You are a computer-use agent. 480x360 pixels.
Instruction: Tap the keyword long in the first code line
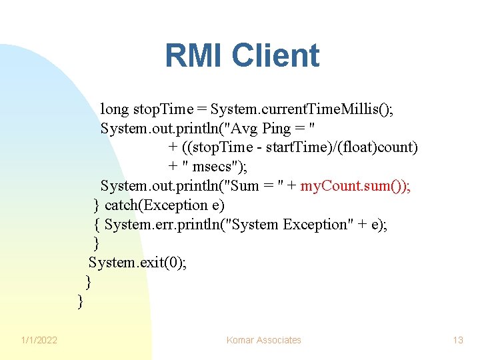(115, 108)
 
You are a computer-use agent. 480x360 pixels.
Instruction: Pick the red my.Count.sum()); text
(355, 185)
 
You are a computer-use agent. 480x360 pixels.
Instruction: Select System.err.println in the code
(165, 224)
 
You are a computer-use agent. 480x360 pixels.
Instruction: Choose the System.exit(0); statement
(137, 263)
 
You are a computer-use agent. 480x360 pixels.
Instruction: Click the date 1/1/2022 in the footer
(39, 340)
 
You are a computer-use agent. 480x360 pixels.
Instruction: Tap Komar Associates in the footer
(263, 340)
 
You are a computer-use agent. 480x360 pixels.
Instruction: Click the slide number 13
(457, 340)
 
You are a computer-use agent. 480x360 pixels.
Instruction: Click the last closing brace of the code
(81, 301)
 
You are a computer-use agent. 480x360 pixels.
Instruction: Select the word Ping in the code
(277, 127)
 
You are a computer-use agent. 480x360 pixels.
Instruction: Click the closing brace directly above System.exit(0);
(97, 243)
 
